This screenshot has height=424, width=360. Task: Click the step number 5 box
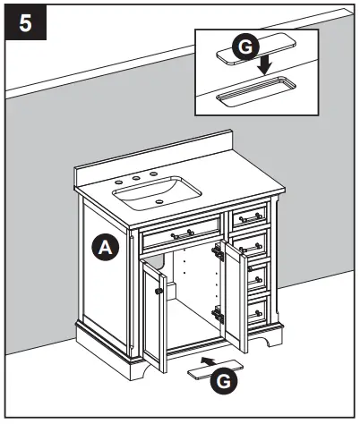[x=24, y=21]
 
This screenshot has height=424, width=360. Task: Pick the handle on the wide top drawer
[x=183, y=234]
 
